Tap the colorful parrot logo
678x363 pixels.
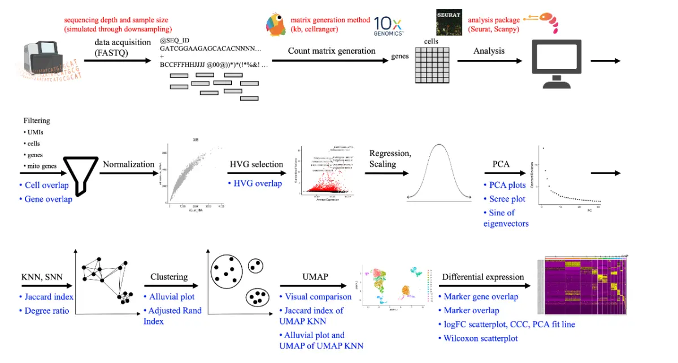click(276, 25)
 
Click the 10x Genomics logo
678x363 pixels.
click(388, 25)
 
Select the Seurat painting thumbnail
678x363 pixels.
click(450, 23)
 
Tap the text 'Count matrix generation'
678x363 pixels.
click(332, 51)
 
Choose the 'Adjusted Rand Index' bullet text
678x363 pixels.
click(172, 316)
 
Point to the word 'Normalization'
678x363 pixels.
click(128, 165)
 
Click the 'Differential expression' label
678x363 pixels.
click(483, 277)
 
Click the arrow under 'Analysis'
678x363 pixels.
click(489, 61)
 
